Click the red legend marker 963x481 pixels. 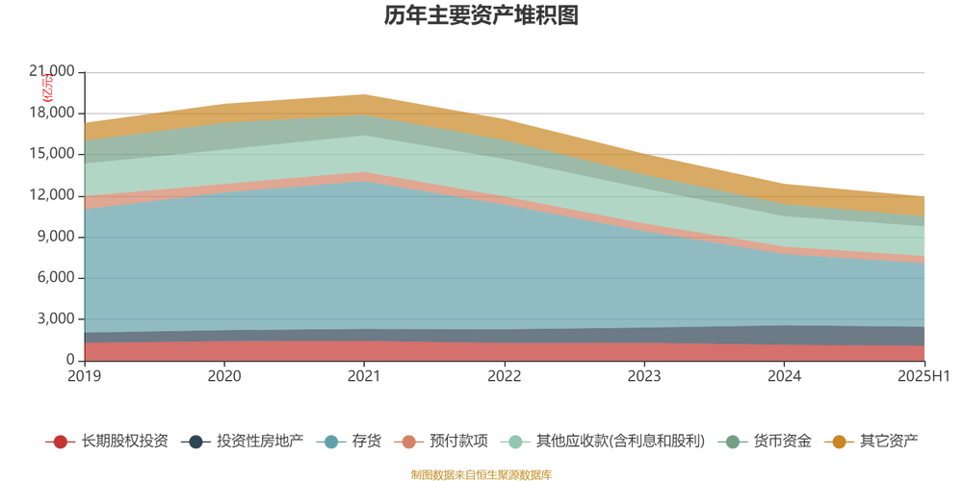click(61, 442)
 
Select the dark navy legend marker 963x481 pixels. click(197, 442)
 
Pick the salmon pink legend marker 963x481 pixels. click(410, 442)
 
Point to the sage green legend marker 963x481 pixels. click(733, 442)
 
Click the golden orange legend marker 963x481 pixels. click(839, 442)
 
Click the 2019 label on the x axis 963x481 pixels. click(85, 375)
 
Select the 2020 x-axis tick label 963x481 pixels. click(224, 375)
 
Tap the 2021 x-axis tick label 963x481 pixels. click(364, 375)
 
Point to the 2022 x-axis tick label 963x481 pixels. click(504, 375)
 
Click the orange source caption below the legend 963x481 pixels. click(481, 472)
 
